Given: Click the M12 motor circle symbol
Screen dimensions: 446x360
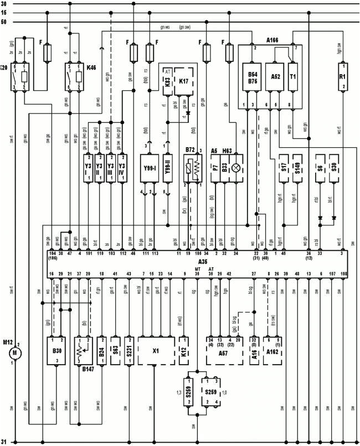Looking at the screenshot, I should pyautogui.click(x=16, y=352).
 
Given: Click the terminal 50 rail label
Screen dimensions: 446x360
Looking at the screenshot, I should pyautogui.click(x=4, y=23).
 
